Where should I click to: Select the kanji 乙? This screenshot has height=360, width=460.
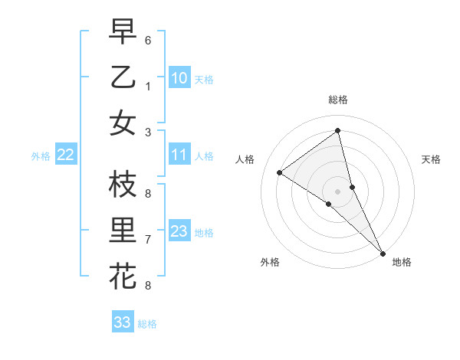pos(123,77)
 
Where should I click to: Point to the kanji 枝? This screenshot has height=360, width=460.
pos(123,185)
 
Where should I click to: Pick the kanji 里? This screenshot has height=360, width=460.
pos(123,231)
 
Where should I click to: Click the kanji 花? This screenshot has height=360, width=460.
pos(123,276)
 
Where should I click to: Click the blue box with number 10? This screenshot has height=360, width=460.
pos(179,77)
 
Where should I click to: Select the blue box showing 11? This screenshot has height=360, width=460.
pos(179,155)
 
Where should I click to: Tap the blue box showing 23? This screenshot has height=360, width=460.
pos(179,231)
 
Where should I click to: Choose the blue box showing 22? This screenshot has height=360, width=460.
pos(66,155)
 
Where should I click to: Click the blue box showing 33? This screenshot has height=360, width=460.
pos(122,322)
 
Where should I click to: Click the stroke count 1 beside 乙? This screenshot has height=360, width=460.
pos(148,85)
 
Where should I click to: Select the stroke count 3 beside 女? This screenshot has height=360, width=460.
pos(148,132)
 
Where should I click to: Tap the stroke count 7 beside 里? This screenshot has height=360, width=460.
pos(148,240)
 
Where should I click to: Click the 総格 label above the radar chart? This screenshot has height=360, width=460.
pos(337,100)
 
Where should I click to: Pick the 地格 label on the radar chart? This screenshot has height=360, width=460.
pos(402,262)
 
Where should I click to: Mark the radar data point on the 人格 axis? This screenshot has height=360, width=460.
pos(280,172)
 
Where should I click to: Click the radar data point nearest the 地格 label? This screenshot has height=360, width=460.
pos(383,253)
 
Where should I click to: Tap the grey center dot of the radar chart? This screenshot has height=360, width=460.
pos(337,191)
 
